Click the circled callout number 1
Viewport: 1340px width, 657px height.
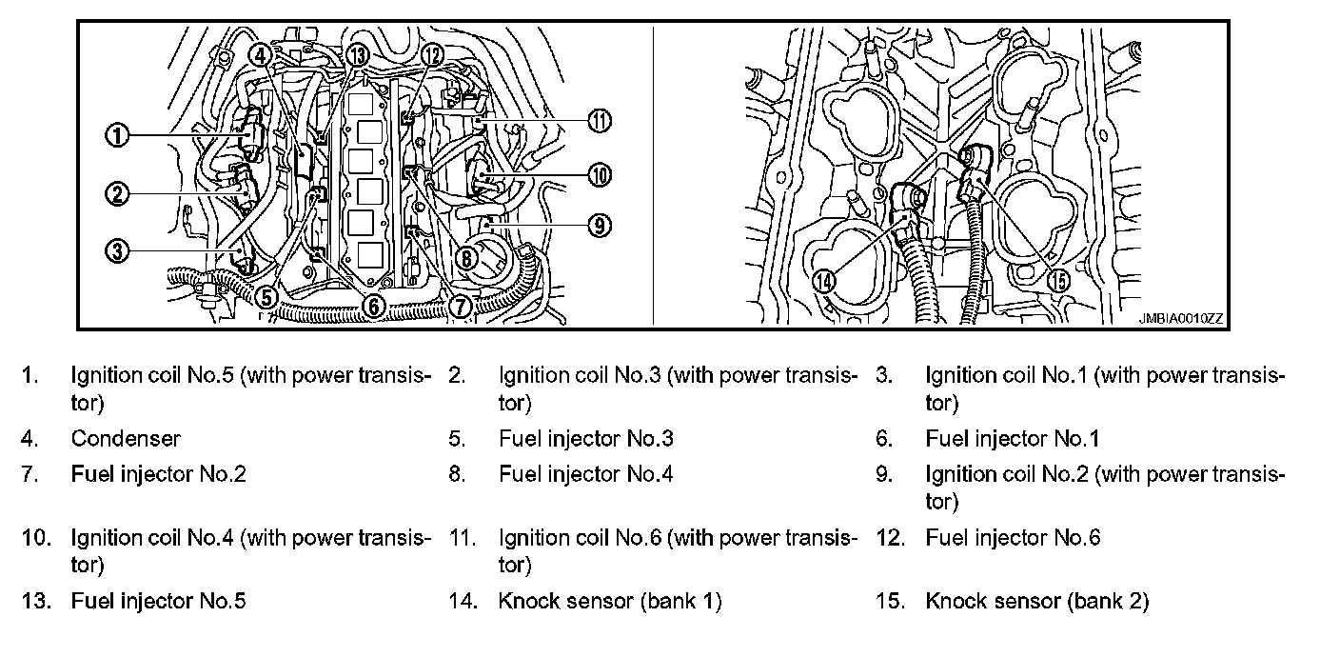coord(117,136)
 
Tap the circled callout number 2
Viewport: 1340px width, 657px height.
coord(117,194)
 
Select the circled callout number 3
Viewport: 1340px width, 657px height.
coord(117,251)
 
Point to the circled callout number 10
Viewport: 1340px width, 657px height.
coord(600,174)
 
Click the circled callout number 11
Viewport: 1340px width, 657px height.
coord(599,121)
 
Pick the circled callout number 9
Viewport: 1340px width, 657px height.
coord(599,226)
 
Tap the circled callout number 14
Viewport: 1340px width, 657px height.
coord(825,280)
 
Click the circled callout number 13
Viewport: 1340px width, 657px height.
coord(357,55)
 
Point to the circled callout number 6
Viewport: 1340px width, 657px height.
coord(373,305)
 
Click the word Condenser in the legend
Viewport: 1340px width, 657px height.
coord(125,439)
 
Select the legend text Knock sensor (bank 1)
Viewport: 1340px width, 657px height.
coord(609,602)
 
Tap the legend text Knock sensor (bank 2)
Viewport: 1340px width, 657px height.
coord(1036,602)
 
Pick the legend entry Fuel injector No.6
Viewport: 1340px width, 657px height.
coord(1013,538)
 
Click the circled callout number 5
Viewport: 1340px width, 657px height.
coord(267,297)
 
